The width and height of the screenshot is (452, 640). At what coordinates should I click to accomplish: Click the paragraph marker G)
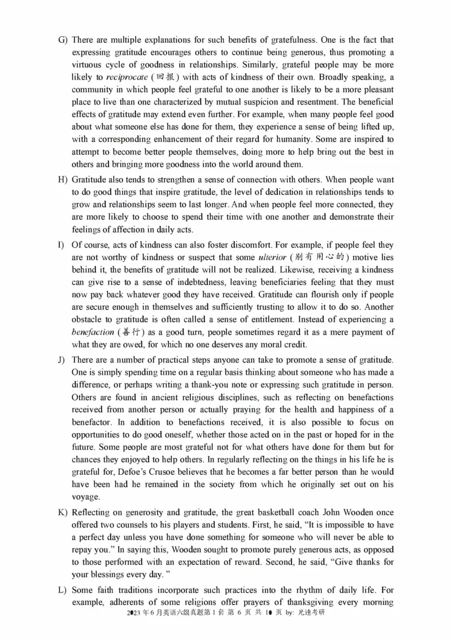[63, 40]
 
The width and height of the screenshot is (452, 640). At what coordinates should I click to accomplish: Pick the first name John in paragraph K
[329, 513]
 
